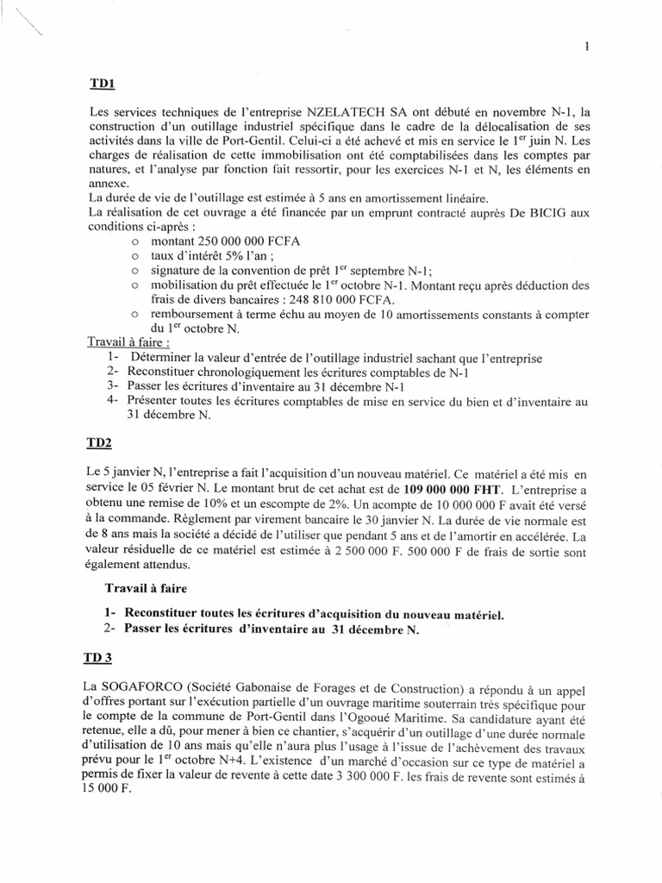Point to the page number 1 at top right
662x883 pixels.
point(585,48)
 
